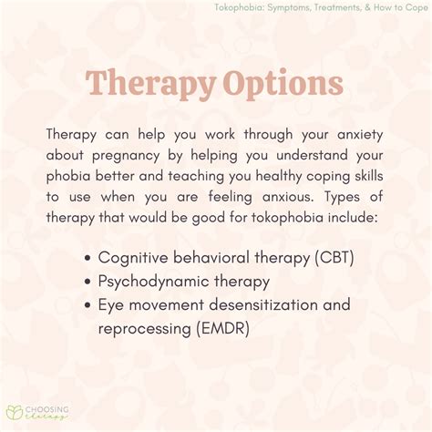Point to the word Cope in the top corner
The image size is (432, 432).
417,7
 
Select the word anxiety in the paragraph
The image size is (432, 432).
360,135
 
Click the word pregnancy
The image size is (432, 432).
126,156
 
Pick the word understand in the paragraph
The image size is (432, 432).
312,155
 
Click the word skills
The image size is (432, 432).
369,176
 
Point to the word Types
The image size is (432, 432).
343,198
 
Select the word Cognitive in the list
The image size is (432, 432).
133,258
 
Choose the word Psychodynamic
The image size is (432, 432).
153,282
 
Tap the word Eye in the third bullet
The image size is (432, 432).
110,305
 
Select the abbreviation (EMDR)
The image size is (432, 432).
222,328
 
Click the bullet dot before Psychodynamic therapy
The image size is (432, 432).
87,282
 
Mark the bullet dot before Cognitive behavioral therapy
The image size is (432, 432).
87,259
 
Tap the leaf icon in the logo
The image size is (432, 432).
15,412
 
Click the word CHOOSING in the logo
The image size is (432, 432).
47,410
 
